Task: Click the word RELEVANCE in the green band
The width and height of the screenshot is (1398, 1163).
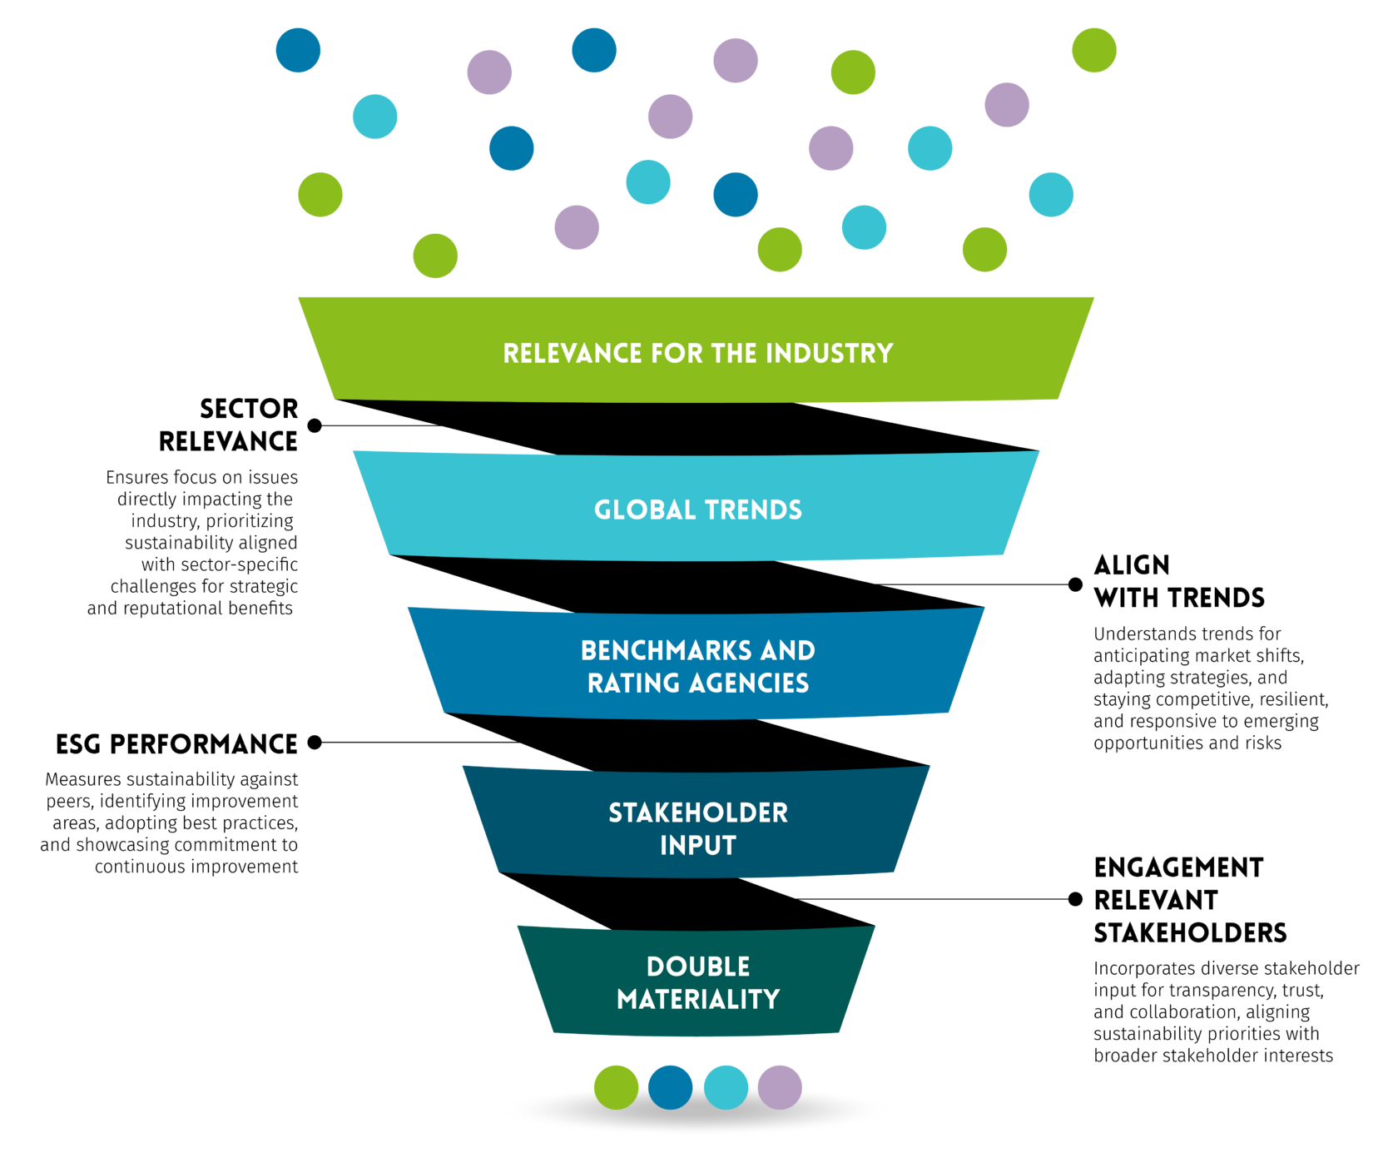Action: point(573,354)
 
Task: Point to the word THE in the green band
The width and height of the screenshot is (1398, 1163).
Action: point(734,354)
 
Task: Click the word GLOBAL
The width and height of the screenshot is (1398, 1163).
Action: point(645,510)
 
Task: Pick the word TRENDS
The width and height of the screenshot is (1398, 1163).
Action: point(753,510)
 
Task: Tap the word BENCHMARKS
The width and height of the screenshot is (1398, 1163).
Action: point(666,651)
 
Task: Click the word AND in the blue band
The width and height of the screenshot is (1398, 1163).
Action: point(787,651)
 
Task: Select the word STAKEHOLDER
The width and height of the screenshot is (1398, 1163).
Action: point(698,813)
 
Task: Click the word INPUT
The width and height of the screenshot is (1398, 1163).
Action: point(698,846)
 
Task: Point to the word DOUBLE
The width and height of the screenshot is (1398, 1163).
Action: point(698,967)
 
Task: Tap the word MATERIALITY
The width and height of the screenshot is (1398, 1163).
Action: point(698,1000)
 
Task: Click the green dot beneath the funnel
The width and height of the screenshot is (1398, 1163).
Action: point(616,1087)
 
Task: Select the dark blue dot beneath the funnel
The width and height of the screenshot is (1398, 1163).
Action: point(670,1087)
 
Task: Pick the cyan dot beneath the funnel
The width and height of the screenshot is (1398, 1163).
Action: point(726,1087)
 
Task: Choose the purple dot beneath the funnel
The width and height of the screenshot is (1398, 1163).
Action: point(780,1087)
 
